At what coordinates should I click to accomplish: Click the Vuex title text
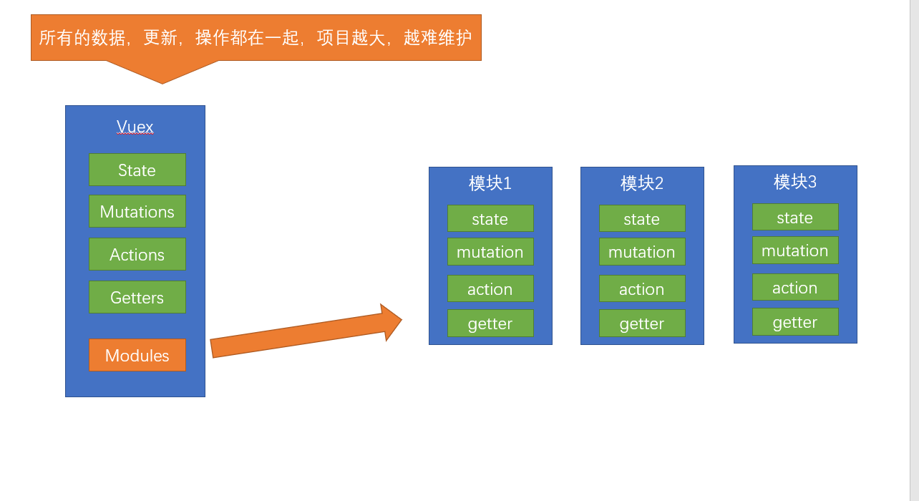[x=135, y=128]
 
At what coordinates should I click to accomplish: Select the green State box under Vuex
[x=137, y=170]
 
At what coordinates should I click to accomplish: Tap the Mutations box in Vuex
[x=137, y=211]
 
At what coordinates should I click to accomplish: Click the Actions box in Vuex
[x=137, y=254]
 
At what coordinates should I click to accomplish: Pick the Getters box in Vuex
[x=137, y=297]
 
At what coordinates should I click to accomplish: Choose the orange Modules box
[x=137, y=355]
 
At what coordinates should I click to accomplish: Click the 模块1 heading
[x=490, y=183]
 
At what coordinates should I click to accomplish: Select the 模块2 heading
[x=642, y=183]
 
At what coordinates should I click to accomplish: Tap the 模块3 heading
[x=795, y=182]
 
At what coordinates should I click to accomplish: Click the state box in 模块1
[x=490, y=218]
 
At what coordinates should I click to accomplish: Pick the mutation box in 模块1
[x=490, y=252]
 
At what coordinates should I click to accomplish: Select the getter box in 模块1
[x=490, y=324]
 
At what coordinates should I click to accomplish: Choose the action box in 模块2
[x=642, y=288]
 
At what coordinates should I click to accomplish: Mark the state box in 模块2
[x=642, y=218]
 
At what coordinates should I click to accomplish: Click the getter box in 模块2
[x=642, y=324]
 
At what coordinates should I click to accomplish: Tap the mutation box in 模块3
[x=795, y=250]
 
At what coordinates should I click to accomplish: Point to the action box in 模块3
[x=795, y=287]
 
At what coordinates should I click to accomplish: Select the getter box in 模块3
[x=795, y=322]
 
